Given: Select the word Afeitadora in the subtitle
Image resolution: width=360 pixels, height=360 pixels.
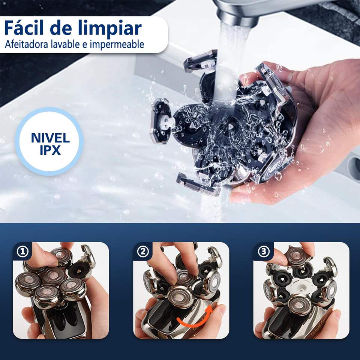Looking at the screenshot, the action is pos(26,44).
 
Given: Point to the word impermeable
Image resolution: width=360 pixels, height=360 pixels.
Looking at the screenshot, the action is pos(117,45).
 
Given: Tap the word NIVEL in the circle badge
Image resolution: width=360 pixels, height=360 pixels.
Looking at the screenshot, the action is pos(50,138).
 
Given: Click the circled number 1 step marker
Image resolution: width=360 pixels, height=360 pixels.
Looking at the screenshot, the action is pos(22,252).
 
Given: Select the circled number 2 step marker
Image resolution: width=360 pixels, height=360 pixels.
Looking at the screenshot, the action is pos(143,252).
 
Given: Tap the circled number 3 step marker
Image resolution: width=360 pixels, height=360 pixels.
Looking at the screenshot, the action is pos(264,252).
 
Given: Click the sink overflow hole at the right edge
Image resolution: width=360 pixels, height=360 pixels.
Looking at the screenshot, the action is pos(355,164).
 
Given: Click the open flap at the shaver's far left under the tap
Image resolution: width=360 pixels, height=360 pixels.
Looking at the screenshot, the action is pos(160,121).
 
